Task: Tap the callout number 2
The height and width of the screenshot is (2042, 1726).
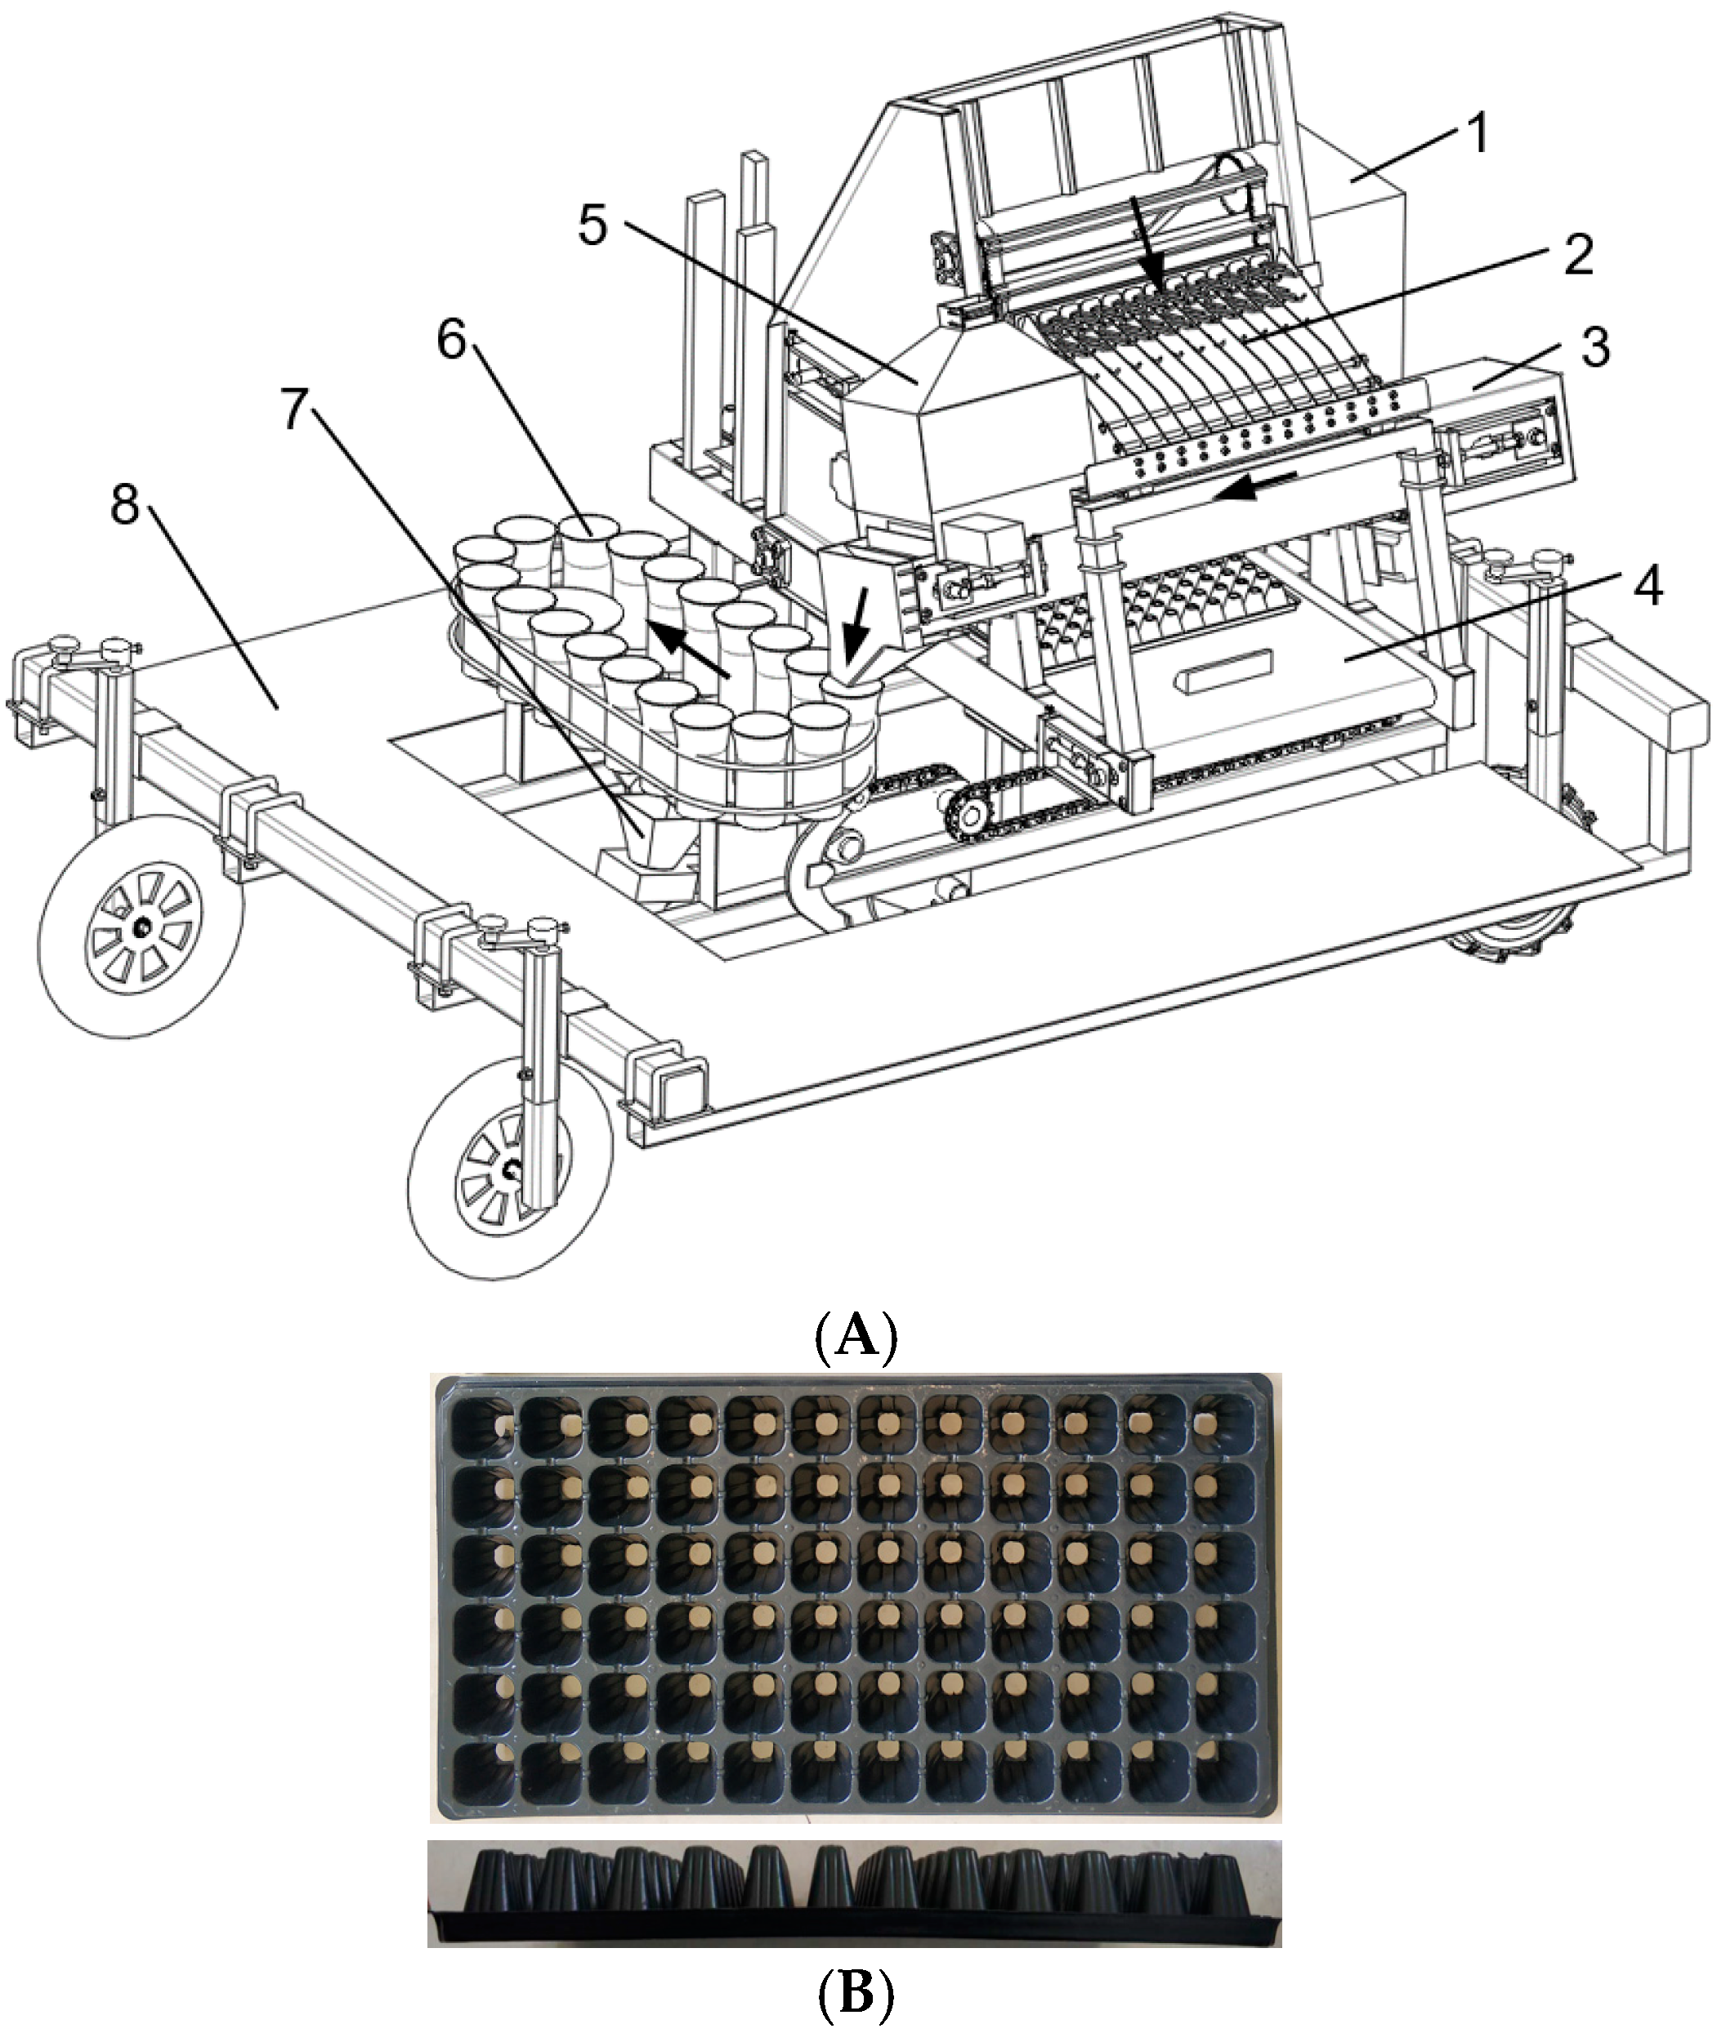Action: (1576, 253)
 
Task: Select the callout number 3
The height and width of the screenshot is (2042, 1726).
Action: (1596, 348)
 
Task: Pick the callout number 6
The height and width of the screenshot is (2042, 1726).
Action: (451, 341)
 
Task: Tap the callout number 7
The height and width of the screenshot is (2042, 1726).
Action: (296, 409)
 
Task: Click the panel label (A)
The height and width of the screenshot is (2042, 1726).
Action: (855, 1334)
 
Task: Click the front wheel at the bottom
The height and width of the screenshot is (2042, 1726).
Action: (508, 1174)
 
